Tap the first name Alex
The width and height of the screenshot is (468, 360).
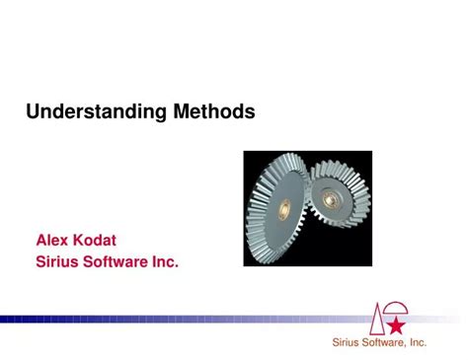[54, 240]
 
